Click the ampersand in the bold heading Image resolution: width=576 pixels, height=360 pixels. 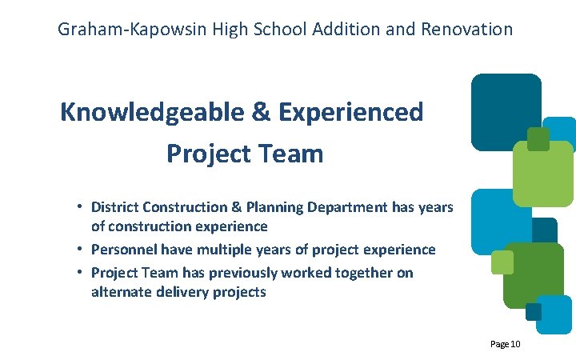[x=261, y=112]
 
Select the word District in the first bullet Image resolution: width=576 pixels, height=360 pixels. [x=114, y=207]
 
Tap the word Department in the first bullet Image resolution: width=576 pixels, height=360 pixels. [x=348, y=207]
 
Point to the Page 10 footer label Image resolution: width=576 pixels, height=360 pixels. [x=506, y=344]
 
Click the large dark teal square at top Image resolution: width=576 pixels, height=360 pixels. [x=506, y=111]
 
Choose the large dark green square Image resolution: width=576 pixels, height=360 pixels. [x=533, y=274]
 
